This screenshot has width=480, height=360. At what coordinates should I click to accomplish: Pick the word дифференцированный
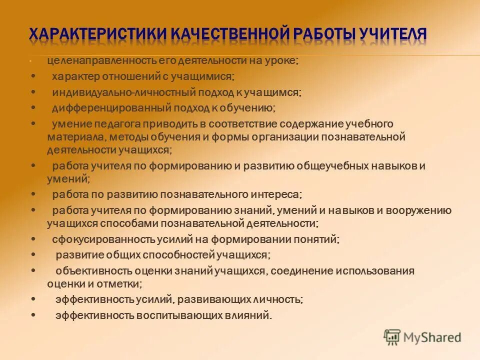click(x=112, y=107)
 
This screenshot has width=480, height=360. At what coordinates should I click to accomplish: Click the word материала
click(x=71, y=136)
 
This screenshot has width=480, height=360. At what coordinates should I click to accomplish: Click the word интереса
click(x=278, y=194)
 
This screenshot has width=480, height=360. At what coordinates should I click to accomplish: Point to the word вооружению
click(x=419, y=210)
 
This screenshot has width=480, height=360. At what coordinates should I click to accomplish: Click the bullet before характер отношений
click(x=33, y=76)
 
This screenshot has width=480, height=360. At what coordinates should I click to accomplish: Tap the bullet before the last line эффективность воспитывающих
click(x=33, y=315)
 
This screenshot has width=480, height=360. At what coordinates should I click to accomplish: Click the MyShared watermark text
click(x=432, y=337)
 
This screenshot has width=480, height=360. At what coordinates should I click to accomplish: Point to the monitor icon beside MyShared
click(x=392, y=337)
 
